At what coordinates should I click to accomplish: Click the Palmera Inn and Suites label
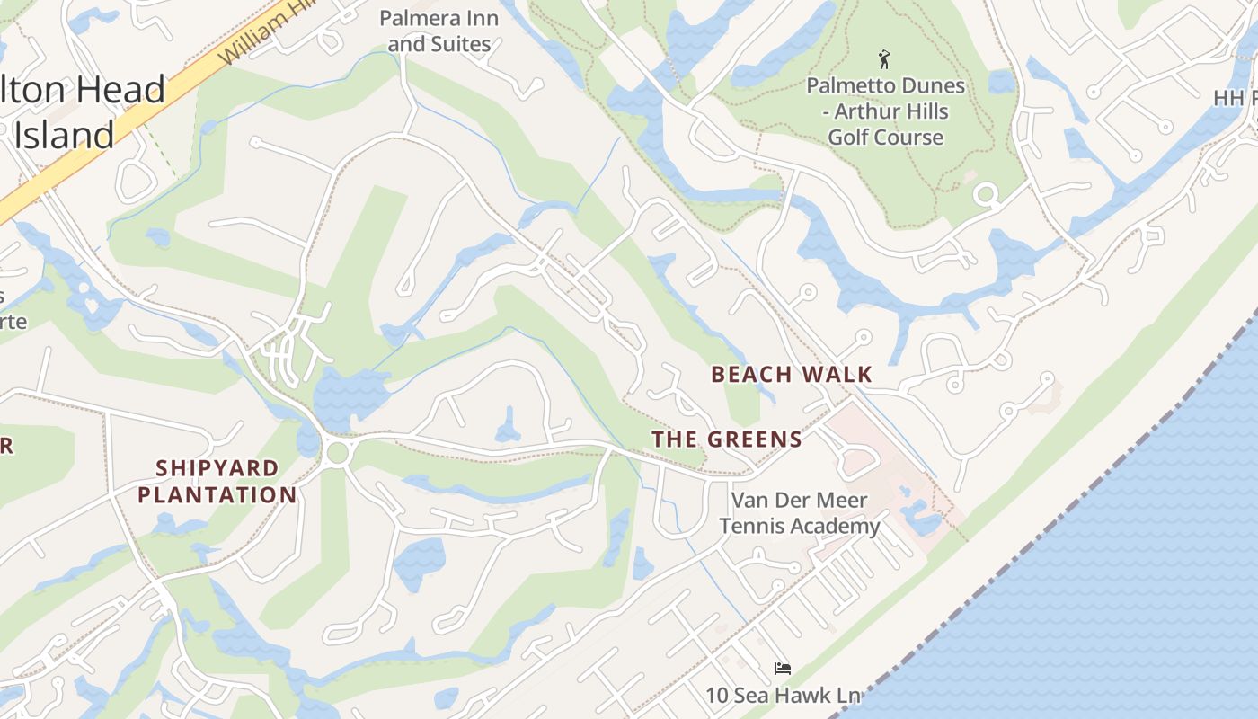coord(439,31)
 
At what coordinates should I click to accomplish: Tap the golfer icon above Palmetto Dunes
coord(884,60)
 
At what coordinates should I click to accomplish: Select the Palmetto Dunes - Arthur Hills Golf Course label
coord(885,111)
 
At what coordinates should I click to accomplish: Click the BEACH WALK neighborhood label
coord(792,375)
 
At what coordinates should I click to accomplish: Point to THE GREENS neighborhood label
coord(727,439)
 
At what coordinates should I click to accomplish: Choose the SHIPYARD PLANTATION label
coord(217,482)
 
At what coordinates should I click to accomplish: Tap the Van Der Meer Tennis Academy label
coord(799,513)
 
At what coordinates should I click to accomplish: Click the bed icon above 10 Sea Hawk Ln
coord(783,669)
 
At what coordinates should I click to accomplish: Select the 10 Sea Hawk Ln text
coord(783,695)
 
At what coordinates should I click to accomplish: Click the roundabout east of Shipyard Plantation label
coord(338,453)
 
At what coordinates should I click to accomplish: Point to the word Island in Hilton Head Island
coord(65,136)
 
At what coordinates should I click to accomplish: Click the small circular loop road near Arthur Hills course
coord(986,193)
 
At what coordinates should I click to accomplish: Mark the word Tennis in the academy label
coord(754,527)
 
